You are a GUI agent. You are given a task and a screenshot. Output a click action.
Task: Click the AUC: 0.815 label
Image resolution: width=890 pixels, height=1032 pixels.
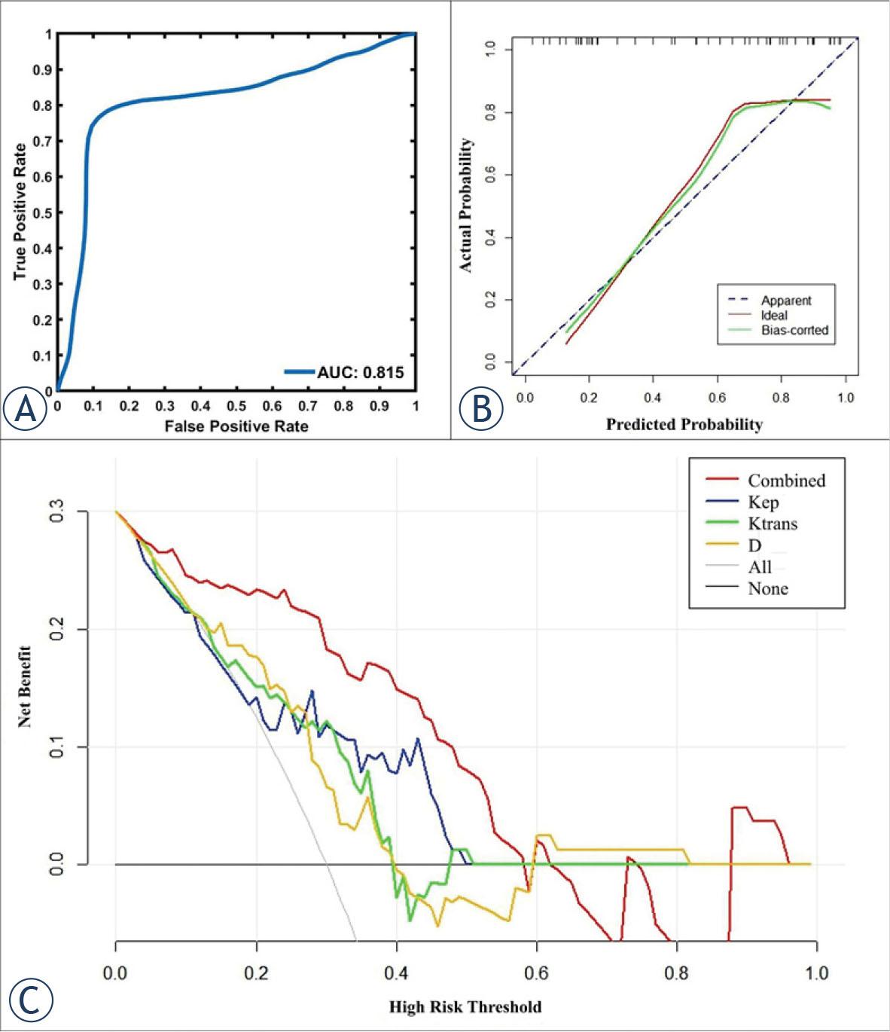360,372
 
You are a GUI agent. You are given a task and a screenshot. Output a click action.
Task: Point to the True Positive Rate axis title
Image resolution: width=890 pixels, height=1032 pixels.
20,212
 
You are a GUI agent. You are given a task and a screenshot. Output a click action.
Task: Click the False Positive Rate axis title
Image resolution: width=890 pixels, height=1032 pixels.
236,426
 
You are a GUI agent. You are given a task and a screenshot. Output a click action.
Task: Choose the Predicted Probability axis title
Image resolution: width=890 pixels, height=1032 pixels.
684,424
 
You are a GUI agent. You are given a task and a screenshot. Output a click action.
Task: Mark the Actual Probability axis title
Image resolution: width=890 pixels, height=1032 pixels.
465,205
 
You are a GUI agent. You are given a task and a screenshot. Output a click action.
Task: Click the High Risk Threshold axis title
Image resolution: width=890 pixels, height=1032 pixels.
465,1006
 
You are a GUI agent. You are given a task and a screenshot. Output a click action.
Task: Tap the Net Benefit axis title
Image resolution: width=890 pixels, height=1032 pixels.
25,686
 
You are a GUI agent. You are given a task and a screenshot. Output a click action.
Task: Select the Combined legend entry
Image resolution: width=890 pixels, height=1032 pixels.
786,481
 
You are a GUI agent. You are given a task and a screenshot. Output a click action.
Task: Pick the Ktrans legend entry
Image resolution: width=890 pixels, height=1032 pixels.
772,524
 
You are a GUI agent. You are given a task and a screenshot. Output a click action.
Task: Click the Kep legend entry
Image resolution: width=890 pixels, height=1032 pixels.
763,502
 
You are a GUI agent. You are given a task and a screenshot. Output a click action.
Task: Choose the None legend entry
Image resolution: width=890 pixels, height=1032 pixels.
767,589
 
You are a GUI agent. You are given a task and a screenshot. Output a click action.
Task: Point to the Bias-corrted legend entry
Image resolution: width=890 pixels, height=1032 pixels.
794,330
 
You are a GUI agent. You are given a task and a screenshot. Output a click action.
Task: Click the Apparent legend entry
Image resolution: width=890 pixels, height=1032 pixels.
785,301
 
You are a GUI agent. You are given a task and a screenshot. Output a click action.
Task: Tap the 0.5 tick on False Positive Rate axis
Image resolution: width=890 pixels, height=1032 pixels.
236,407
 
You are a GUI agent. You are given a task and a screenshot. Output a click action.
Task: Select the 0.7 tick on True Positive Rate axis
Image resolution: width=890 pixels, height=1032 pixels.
42,141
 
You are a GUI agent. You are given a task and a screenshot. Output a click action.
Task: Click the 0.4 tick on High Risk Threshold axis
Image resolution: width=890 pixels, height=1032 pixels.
396,972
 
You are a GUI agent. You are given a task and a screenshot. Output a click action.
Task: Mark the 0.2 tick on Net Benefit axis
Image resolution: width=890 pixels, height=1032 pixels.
56,630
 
